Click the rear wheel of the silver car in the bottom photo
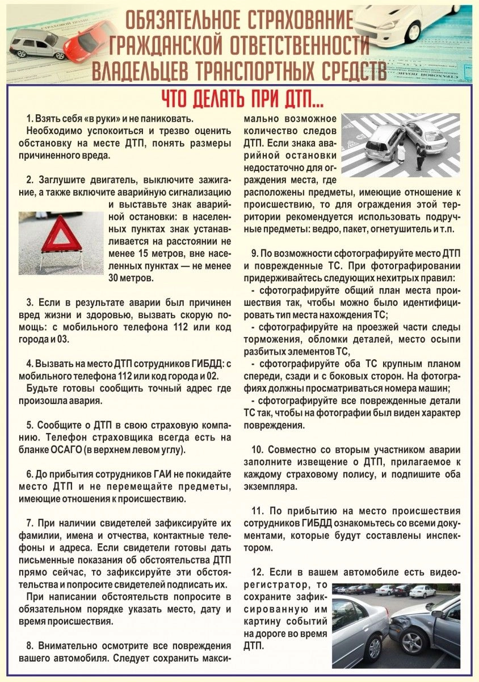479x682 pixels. [x=375, y=648]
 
